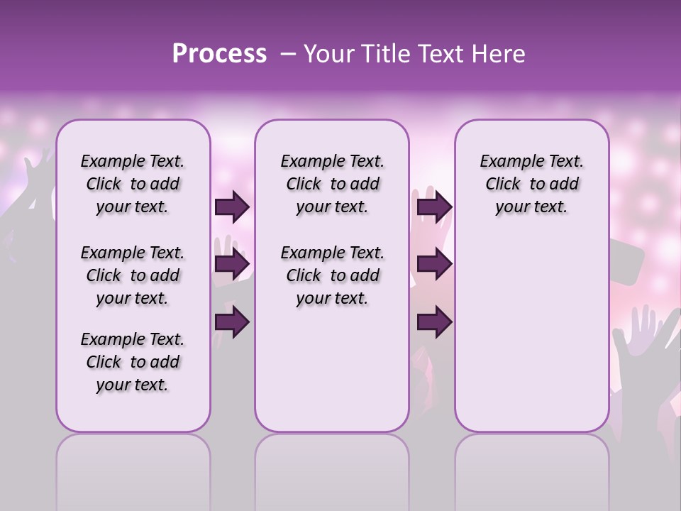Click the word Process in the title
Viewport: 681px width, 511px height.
pos(219,54)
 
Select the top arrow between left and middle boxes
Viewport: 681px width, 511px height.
pos(232,207)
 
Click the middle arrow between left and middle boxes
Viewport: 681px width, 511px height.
pos(232,265)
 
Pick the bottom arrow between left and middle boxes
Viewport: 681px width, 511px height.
pos(232,322)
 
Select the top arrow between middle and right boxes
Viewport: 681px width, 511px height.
pos(434,207)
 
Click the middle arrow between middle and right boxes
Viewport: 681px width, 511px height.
pos(434,265)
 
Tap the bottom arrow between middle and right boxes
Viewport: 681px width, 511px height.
pos(434,322)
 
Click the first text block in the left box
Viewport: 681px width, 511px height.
pos(133,185)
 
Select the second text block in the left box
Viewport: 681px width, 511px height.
pos(133,275)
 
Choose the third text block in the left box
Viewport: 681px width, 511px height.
pos(133,362)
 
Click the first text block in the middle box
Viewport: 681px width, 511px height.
pos(332,185)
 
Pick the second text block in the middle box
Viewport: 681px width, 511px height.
pos(332,275)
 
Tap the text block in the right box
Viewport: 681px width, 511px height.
pos(531,185)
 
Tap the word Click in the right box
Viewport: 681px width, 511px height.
pos(503,185)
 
